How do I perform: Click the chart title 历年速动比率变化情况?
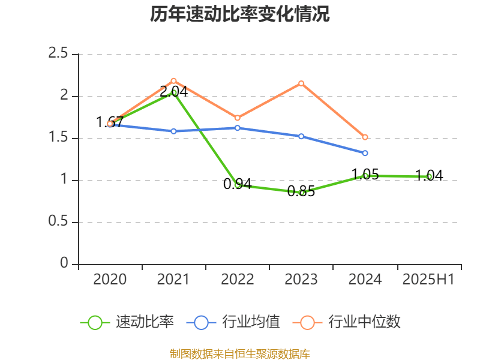240,14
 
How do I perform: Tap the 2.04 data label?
173,92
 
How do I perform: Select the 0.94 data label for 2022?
237,184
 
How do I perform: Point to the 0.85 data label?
301,192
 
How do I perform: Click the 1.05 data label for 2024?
365,175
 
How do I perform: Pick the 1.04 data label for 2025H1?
429,176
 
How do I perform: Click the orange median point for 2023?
301,83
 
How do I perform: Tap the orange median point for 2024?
365,137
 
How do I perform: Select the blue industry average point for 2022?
237,128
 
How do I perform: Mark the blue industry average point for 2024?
365,153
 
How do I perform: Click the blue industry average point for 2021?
173,131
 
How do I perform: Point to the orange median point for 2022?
237,118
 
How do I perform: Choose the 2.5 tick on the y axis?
58,54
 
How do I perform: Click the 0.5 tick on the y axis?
58,222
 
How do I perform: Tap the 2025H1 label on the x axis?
428,280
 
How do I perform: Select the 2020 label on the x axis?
110,280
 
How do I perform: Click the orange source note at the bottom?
240,353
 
